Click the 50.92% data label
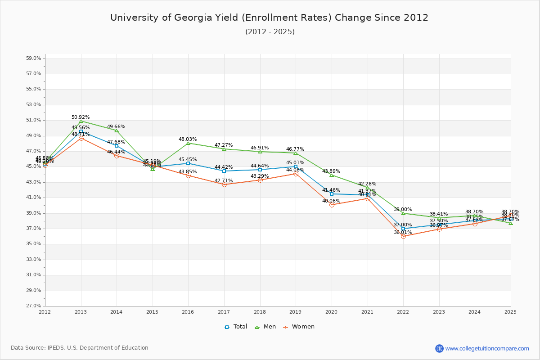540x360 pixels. tap(81, 117)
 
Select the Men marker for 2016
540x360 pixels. tap(188, 143)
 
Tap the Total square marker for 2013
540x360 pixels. tap(81, 131)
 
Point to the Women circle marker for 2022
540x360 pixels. tap(403, 236)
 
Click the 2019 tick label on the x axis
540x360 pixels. tap(295, 311)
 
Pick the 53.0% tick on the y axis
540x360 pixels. tap(34, 104)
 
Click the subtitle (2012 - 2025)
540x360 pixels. tap(270, 32)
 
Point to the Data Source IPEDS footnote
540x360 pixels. tap(80, 348)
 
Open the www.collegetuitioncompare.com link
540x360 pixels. tap(487, 348)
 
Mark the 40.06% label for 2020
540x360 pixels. tap(331, 201)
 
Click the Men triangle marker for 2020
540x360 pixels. tap(332, 175)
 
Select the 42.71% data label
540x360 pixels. tap(224, 181)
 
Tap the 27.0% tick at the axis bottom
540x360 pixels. tap(34, 306)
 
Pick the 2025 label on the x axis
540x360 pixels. tap(510, 311)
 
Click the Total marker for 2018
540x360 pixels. tap(260, 170)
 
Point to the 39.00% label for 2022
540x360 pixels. tap(403, 210)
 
